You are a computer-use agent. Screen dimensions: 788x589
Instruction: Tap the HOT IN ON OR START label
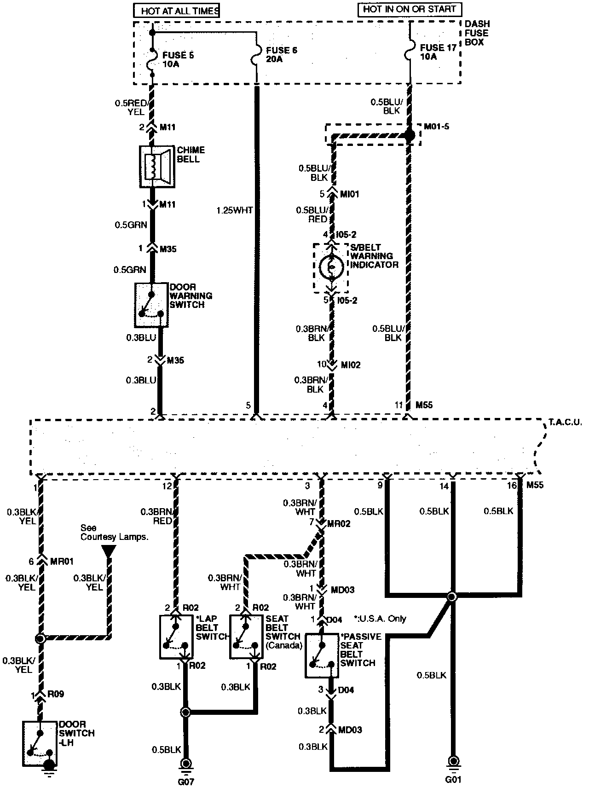409,9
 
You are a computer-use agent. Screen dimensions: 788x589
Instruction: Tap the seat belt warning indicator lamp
331,267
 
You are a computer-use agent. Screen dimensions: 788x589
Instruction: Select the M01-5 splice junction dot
409,135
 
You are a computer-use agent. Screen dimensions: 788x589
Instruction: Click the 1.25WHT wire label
235,210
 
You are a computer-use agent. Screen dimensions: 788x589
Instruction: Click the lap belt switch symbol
176,637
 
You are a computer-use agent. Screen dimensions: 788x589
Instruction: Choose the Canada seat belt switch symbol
246,637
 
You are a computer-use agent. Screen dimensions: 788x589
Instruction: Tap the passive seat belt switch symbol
322,656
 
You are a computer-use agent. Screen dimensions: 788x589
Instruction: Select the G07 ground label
186,782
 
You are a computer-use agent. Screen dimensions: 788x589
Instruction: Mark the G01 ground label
453,779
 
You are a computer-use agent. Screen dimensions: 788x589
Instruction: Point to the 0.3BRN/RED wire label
156,516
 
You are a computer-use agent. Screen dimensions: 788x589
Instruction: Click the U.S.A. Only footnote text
380,619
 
